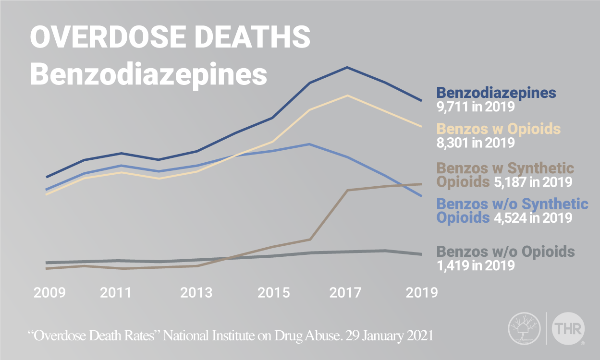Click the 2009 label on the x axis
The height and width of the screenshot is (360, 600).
[x=49, y=292]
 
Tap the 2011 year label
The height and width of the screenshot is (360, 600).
[x=116, y=292]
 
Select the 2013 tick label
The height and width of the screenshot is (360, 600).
[x=196, y=292]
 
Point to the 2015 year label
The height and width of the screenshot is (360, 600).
[x=274, y=292]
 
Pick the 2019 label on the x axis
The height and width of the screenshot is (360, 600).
[x=421, y=292]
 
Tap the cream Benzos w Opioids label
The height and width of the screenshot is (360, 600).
[x=499, y=129]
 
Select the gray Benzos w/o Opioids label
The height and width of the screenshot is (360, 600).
[x=506, y=252]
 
